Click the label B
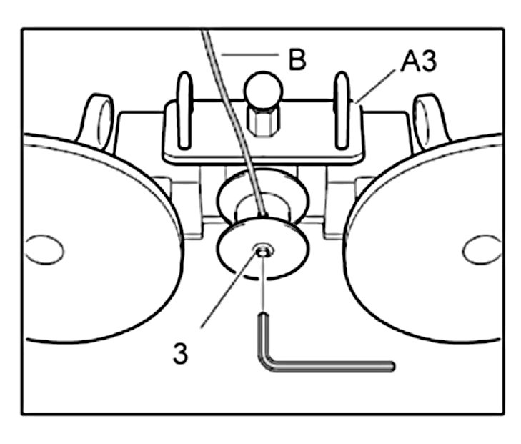(297, 58)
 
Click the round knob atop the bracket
(264, 91)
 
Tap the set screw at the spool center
(264, 250)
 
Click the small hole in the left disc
(43, 250)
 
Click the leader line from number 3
(229, 290)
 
